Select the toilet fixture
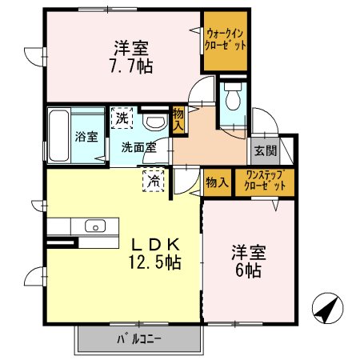tap(233, 100)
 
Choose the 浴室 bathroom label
tap(86, 136)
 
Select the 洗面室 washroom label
tap(138, 147)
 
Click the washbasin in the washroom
tap(154, 122)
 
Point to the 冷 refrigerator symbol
tap(151, 181)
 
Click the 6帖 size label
tap(246, 269)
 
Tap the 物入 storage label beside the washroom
tap(179, 121)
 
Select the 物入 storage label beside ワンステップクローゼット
tap(216, 182)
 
